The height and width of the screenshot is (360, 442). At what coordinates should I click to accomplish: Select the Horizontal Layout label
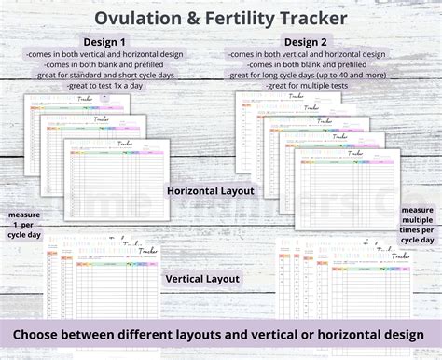[x=211, y=191]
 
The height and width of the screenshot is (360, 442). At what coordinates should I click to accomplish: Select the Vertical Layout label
[x=203, y=279]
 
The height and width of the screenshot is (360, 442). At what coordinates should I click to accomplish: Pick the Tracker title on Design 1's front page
[x=125, y=145]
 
